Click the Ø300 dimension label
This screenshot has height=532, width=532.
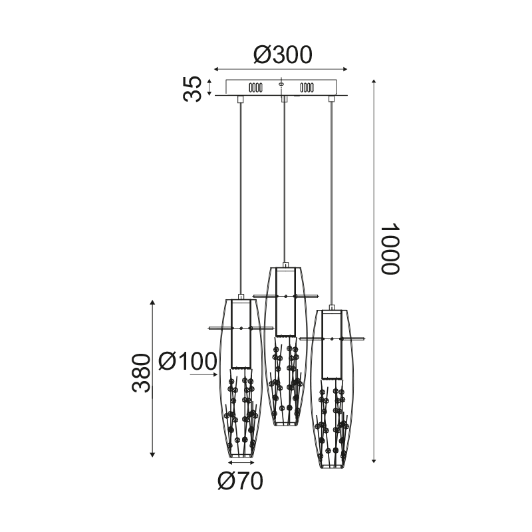click(282, 55)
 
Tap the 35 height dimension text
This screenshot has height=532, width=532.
click(193, 88)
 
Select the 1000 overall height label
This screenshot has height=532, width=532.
click(389, 248)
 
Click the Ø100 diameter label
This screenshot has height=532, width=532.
click(189, 361)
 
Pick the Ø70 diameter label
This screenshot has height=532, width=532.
click(239, 481)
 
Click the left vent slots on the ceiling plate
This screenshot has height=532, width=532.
click(255, 87)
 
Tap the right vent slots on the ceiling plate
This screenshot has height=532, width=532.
click(307, 87)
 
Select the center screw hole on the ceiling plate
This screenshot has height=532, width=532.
click(281, 84)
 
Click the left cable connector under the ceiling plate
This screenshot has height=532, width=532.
click(240, 100)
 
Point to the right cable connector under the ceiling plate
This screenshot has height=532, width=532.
click(331, 100)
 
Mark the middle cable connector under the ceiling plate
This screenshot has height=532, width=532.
click(285, 100)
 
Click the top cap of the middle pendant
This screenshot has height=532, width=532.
click(285, 265)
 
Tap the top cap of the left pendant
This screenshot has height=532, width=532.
click(241, 297)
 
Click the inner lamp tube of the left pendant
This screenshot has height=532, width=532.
click(241, 336)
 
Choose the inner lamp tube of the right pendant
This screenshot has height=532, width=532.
click(331, 346)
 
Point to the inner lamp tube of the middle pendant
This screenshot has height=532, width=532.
click(285, 303)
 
